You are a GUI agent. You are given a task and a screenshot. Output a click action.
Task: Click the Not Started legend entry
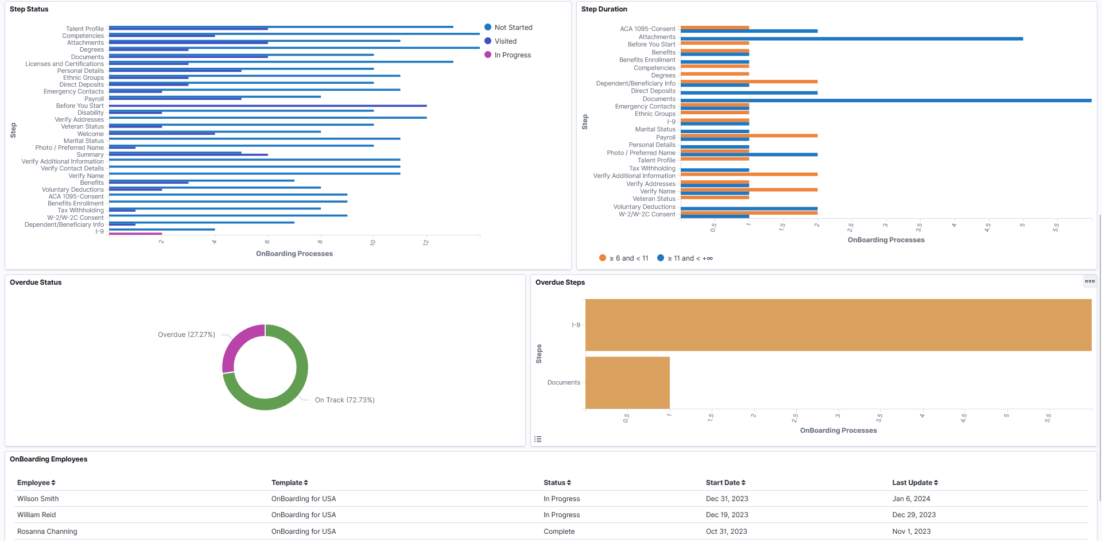(513, 28)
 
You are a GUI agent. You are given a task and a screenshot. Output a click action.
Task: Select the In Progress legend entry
(512, 55)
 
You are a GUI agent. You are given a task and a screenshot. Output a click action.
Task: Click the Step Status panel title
(29, 9)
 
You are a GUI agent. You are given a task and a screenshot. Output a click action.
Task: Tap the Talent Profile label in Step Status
(84, 29)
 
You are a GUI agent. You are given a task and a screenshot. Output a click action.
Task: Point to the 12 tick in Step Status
(426, 242)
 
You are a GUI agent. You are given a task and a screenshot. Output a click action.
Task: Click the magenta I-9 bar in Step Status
(135, 234)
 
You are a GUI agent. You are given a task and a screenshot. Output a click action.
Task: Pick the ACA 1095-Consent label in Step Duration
(647, 29)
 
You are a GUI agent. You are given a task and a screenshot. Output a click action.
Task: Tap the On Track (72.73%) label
(344, 400)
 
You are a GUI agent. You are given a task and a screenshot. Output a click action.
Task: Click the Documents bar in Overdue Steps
(627, 382)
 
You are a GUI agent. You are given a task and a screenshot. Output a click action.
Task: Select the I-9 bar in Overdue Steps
(838, 325)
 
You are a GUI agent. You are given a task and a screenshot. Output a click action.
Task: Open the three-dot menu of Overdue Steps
(1089, 281)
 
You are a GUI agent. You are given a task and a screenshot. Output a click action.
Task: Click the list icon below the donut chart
(538, 439)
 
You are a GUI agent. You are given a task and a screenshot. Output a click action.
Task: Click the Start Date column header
(725, 483)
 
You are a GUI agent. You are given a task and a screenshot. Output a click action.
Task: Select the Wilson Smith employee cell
(38, 499)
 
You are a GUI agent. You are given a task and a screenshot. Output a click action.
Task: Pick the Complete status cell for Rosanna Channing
(559, 532)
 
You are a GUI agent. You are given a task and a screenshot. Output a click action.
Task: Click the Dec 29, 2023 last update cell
(914, 515)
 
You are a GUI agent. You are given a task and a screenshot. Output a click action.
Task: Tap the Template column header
(289, 483)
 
